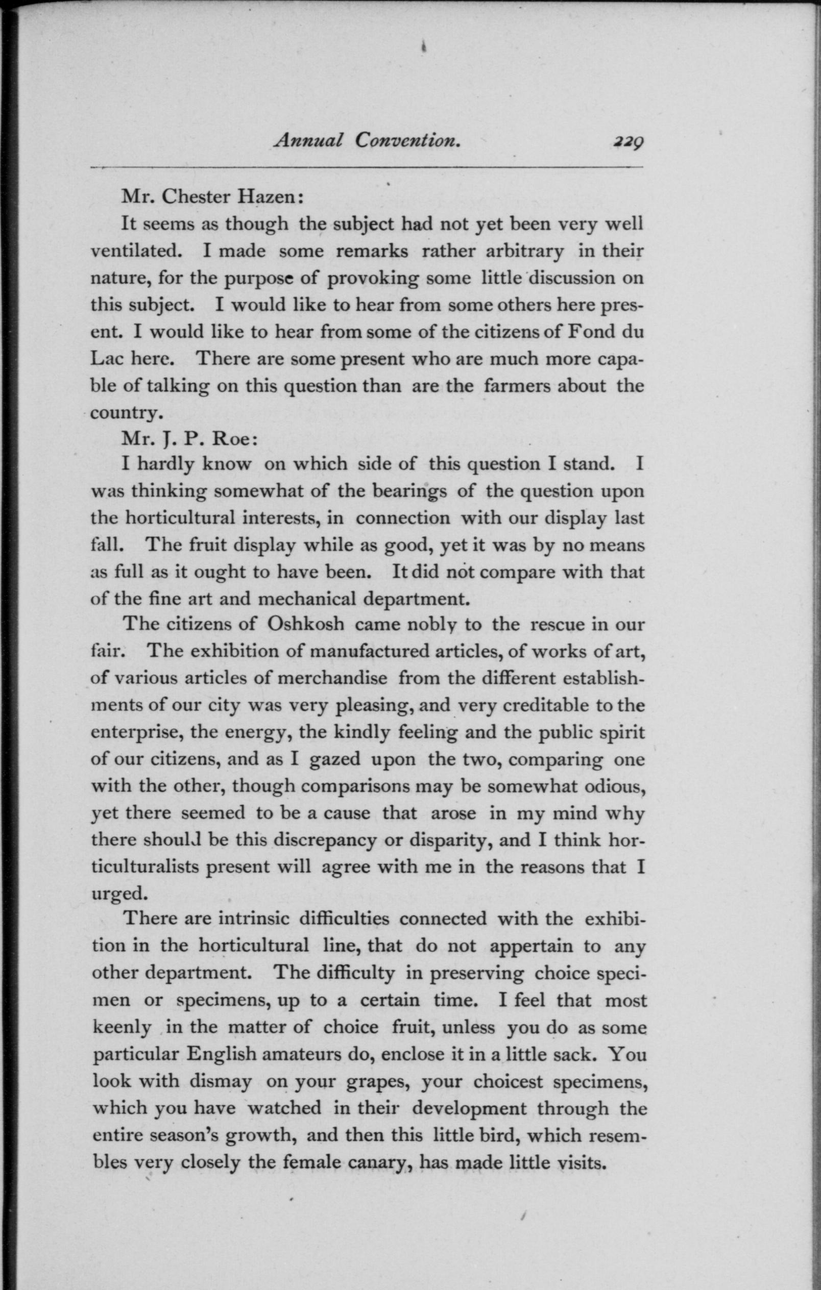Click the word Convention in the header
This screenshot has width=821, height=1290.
[x=408, y=140]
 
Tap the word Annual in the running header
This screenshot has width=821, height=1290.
[x=308, y=140]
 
